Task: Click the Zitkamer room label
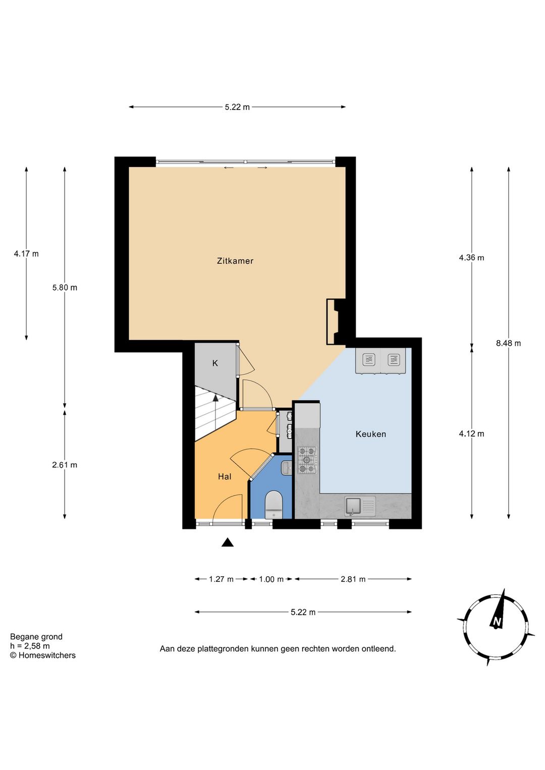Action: coord(235,261)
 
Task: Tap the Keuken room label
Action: coord(371,434)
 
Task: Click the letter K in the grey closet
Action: coord(215,363)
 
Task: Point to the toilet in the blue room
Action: coord(274,505)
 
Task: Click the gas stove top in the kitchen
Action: coord(307,460)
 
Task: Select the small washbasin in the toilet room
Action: coord(287,468)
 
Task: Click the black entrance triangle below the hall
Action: coord(227,542)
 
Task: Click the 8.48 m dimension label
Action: coord(508,343)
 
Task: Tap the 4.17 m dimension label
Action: coord(26,254)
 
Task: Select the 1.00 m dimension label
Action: coord(271,579)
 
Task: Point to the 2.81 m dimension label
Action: coord(353,579)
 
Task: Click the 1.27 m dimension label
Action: coord(221,579)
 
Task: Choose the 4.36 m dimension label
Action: coord(471,257)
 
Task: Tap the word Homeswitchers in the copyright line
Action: coord(47,655)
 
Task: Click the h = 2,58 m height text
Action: coord(30,646)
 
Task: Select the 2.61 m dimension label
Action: coord(65,465)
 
